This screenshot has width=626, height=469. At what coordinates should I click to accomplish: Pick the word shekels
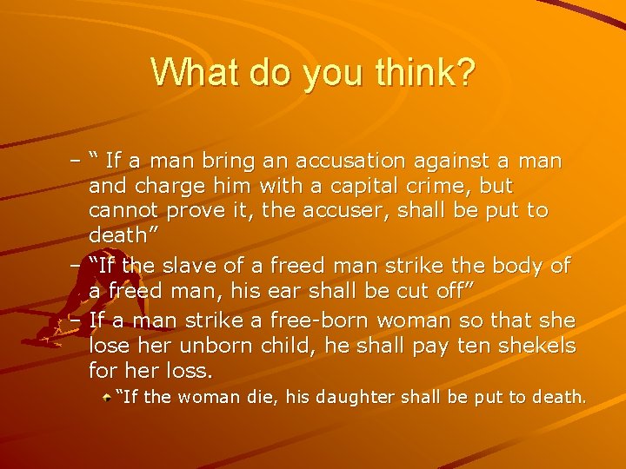pos(537,346)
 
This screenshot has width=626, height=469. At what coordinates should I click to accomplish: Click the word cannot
pos(120,211)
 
